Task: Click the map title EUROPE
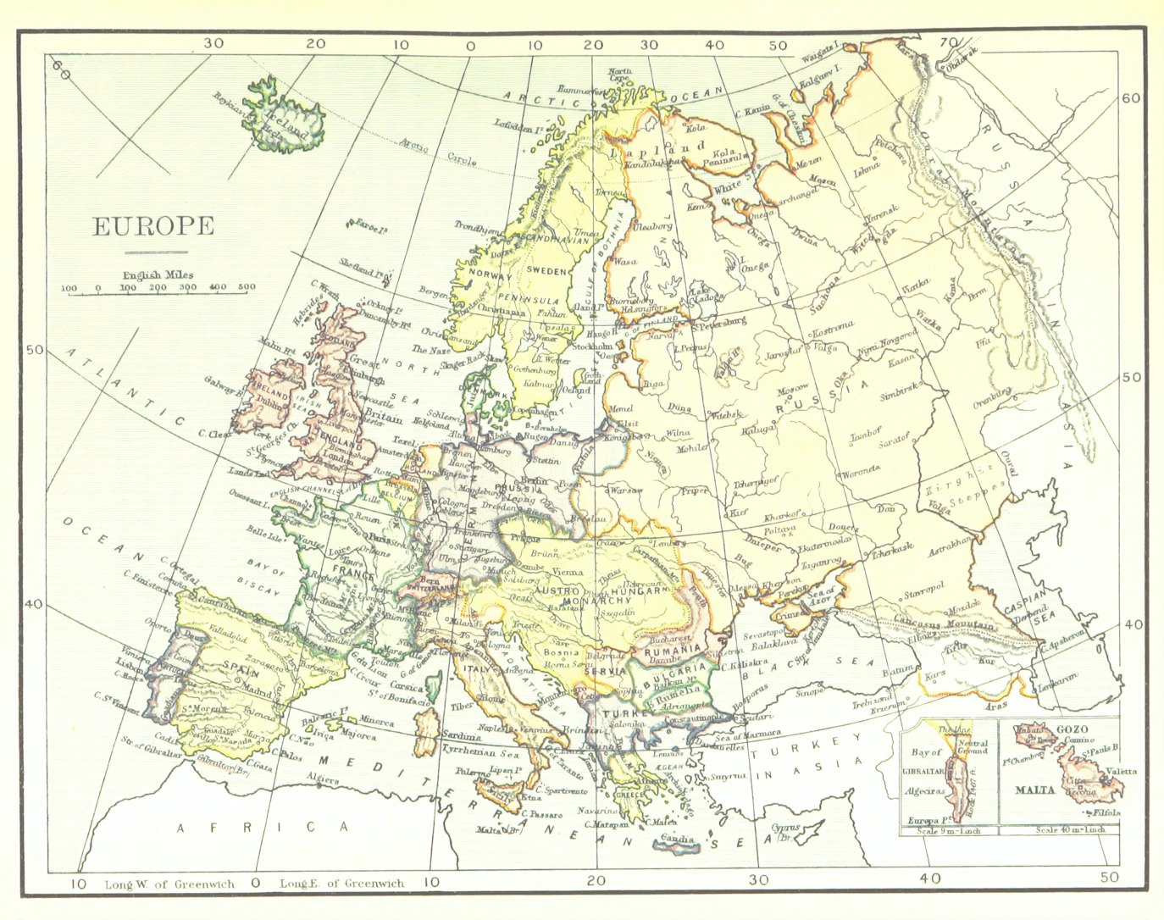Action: (x=153, y=227)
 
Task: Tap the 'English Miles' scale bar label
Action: (x=158, y=275)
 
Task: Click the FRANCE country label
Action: (x=353, y=573)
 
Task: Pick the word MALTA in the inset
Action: (x=1034, y=790)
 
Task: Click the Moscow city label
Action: (x=793, y=389)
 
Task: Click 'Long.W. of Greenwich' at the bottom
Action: (x=169, y=884)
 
